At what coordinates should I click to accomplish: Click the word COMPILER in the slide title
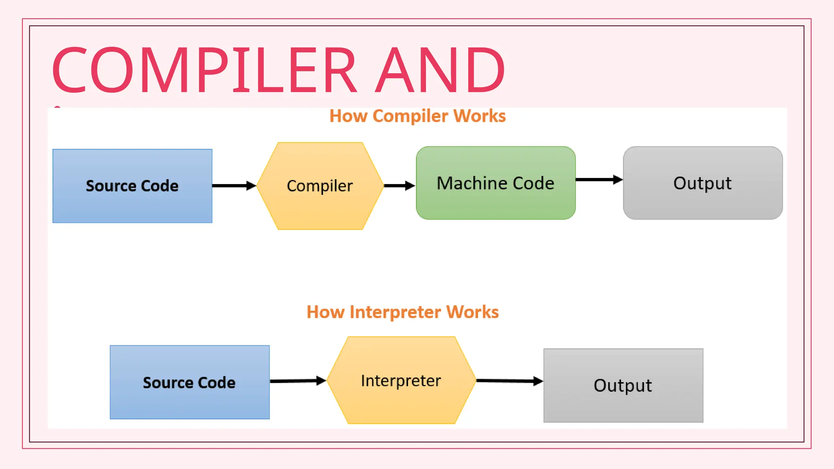tap(204, 70)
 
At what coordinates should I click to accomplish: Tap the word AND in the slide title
tap(440, 70)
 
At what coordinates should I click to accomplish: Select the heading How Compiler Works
tap(417, 116)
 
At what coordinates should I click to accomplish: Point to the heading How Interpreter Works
tap(402, 312)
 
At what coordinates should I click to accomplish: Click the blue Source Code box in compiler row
tap(132, 186)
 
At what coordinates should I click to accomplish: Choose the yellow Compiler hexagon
tap(320, 186)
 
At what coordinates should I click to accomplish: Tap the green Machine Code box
tap(496, 183)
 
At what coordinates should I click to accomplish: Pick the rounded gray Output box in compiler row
tap(703, 183)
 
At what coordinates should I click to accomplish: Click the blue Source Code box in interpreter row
tap(189, 382)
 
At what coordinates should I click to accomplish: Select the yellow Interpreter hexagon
tap(401, 381)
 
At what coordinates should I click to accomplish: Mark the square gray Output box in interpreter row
tap(623, 385)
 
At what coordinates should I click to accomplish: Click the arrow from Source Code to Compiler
tap(234, 186)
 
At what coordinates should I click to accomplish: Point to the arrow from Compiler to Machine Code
tap(399, 186)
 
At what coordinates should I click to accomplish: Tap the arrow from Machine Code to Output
tap(599, 180)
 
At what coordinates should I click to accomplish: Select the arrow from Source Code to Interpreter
tap(297, 381)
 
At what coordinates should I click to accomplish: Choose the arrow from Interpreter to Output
tap(509, 381)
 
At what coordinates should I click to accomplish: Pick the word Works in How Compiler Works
tap(480, 116)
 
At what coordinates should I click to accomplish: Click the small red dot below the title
tap(57, 107)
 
